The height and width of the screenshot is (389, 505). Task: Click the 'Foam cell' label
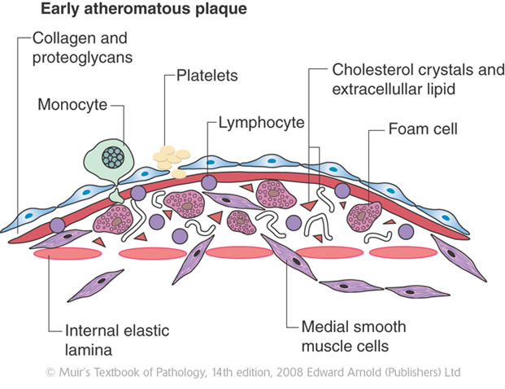(423, 129)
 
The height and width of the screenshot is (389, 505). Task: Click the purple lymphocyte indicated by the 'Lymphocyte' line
(210, 182)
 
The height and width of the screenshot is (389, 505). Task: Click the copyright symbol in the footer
(50, 373)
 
